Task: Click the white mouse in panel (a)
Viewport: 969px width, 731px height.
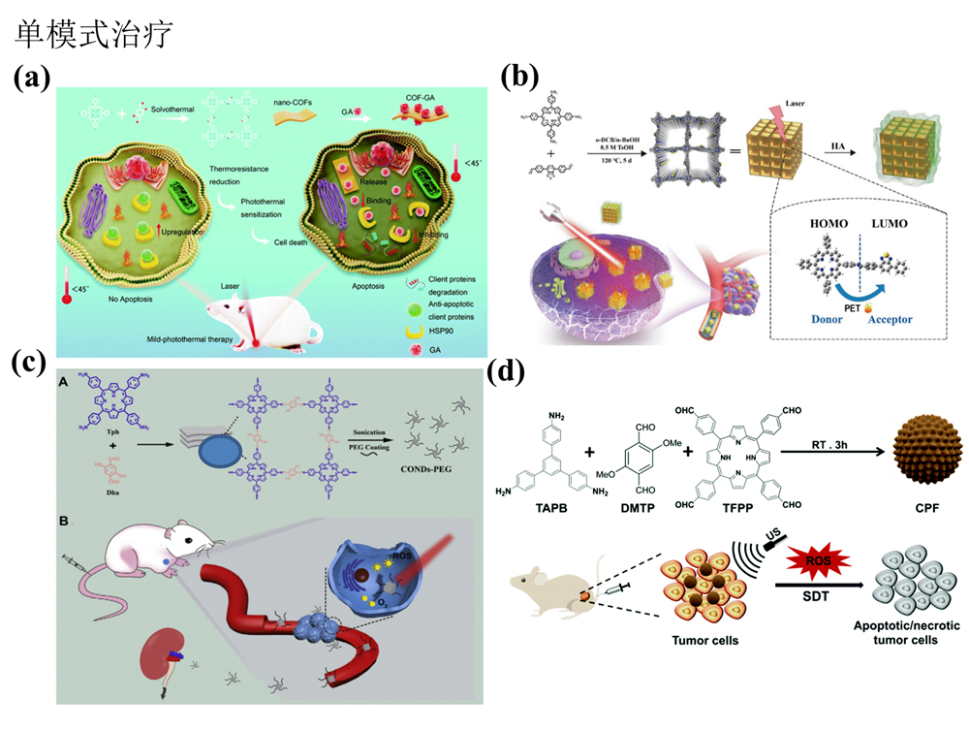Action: point(258,310)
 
